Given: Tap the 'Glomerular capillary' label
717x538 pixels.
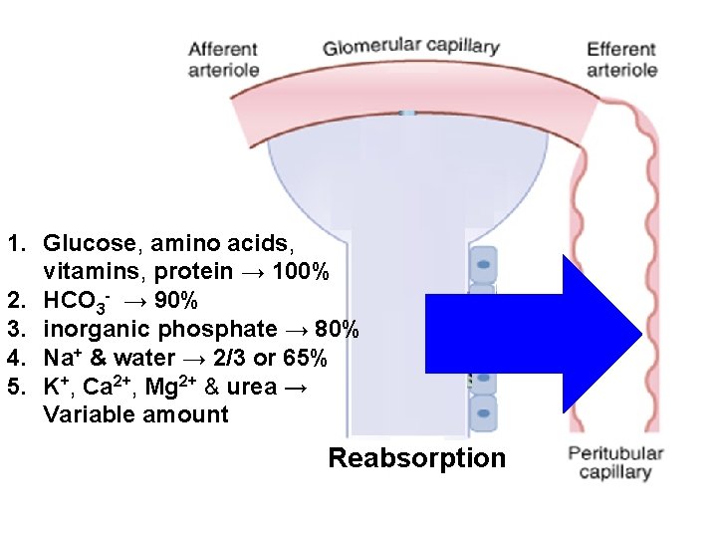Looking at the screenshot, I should [410, 47].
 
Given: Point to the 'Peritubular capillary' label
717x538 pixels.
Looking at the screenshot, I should [615, 463].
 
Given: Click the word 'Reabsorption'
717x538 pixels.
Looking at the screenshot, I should [416, 458].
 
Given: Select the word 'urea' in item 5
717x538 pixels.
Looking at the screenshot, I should [253, 386].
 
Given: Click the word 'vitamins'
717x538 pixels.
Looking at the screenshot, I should [89, 271].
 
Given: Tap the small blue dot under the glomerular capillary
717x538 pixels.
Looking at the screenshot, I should [407, 114].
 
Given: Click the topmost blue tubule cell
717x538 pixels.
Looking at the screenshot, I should [482, 265].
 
